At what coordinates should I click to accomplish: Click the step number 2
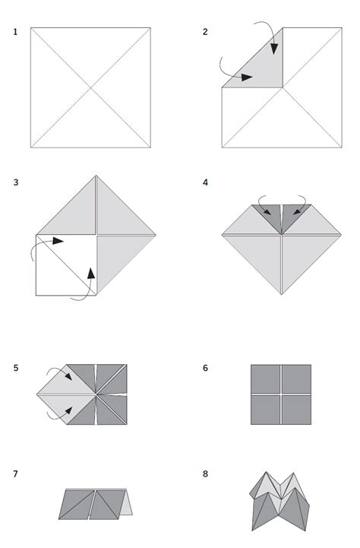[x=205, y=32]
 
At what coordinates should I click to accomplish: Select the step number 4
[x=205, y=182]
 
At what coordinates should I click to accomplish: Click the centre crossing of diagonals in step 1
[x=91, y=87]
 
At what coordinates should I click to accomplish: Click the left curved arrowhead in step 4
[x=267, y=212]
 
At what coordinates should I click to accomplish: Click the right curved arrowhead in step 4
[x=295, y=212]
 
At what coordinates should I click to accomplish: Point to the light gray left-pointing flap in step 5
[x=57, y=394]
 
